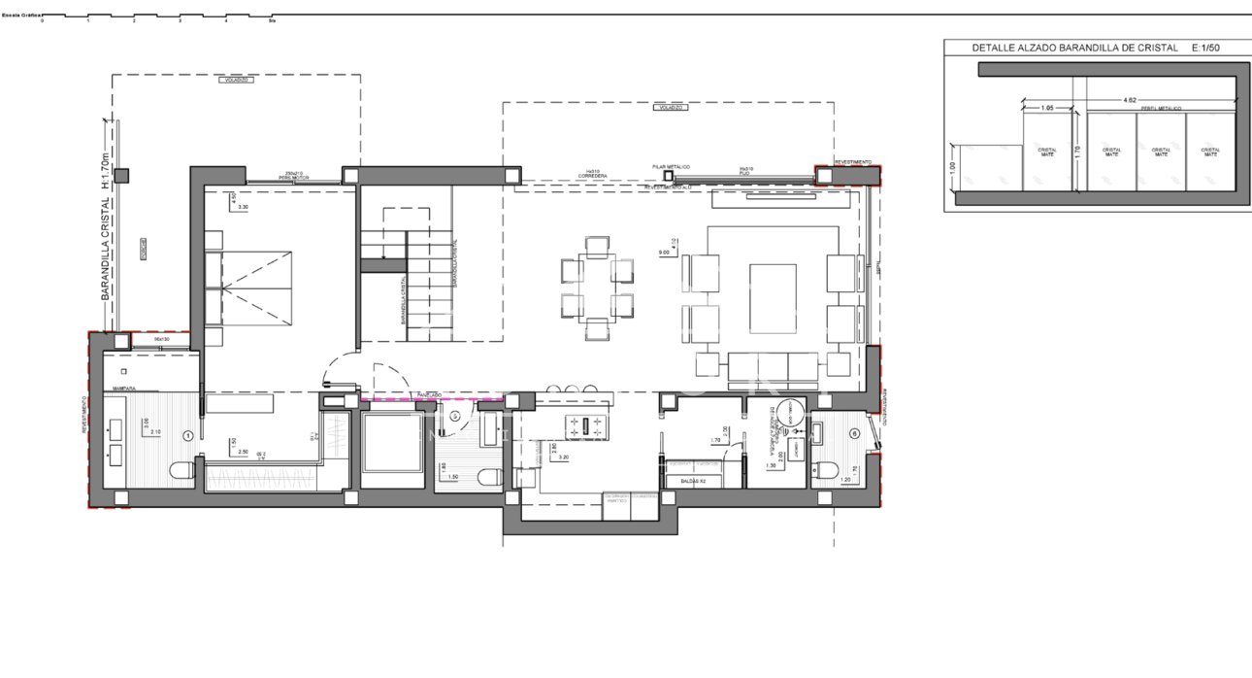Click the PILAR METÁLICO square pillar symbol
point(668,176)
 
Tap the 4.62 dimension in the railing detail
point(1130,100)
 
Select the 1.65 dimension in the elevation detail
point(1047,108)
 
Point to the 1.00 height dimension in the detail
point(952,167)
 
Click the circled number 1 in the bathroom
point(188,435)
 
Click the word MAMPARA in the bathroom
point(122,389)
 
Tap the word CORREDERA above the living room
point(592,176)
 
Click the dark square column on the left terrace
point(120,176)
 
